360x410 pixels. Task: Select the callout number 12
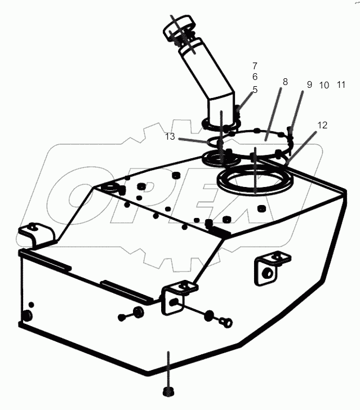(x=322, y=126)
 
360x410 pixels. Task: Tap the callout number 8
(x=285, y=82)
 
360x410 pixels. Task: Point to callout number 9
(x=309, y=85)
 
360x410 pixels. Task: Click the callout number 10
(x=324, y=86)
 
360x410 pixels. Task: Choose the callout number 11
(x=341, y=85)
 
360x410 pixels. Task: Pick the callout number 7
(x=255, y=66)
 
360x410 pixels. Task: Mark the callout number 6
(x=255, y=77)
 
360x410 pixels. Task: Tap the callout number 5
(x=255, y=89)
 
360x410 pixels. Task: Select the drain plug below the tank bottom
(x=167, y=391)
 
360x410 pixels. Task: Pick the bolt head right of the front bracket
(x=227, y=322)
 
